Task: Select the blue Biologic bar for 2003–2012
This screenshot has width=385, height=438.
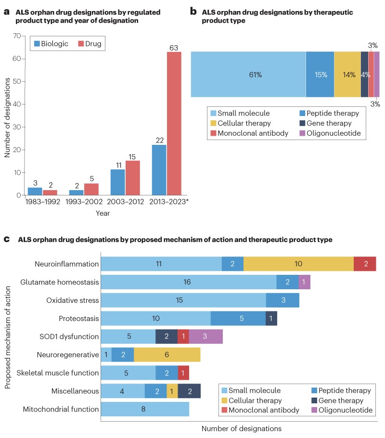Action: tap(117, 182)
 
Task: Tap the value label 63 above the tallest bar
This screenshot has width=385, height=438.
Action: tap(174, 47)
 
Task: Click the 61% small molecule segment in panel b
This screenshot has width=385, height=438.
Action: tap(248, 75)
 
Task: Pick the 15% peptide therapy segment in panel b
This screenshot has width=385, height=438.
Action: tap(320, 75)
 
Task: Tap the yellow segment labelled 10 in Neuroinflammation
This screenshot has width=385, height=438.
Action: tap(298, 264)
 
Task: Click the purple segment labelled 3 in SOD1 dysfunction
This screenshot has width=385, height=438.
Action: tap(205, 336)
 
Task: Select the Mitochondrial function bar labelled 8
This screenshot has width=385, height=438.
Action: tap(145, 409)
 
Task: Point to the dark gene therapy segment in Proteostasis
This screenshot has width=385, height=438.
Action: tap(271, 318)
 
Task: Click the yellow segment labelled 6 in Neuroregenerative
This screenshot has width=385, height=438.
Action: tap(167, 355)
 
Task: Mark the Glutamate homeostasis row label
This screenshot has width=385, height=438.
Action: tap(60, 283)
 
